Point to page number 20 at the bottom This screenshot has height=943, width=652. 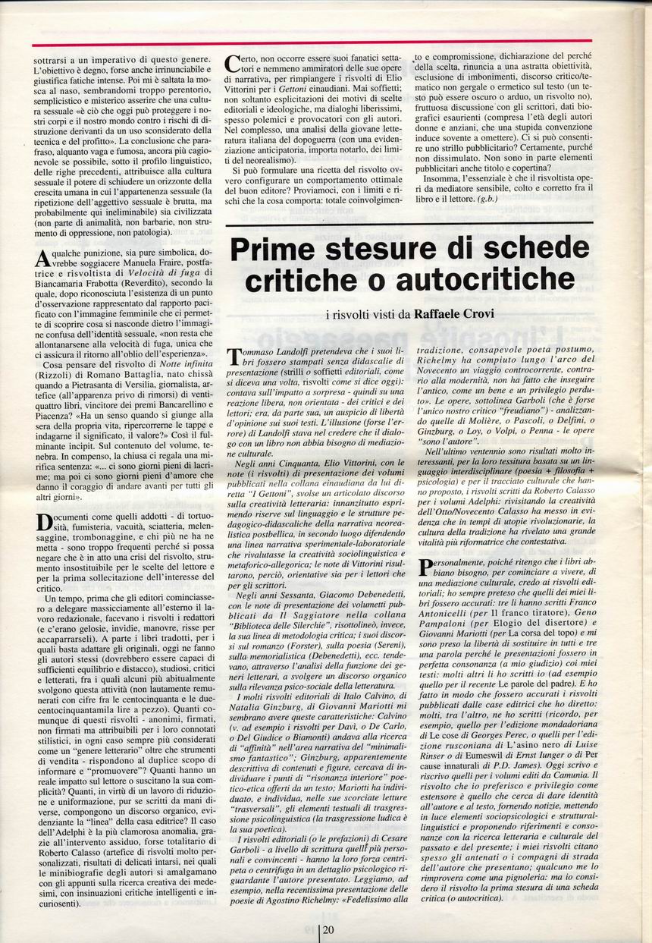click(328, 930)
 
